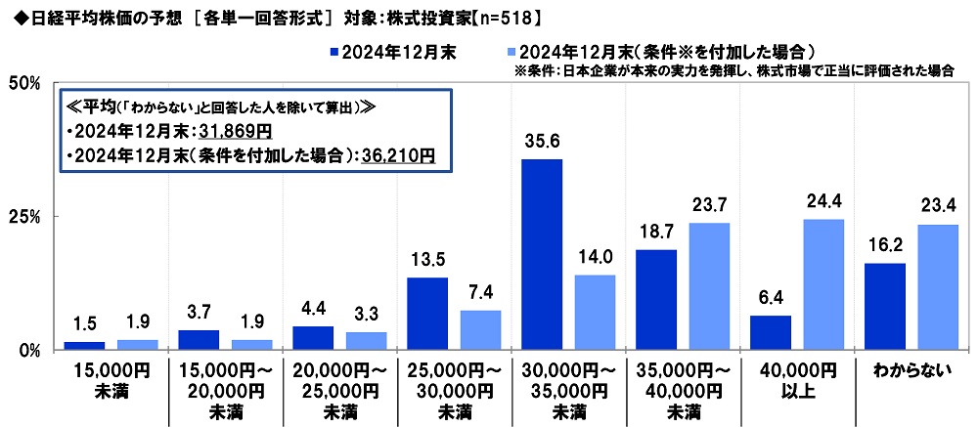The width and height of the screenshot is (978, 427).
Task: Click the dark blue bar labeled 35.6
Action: [x=542, y=254]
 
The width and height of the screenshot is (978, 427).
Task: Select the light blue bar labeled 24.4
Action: [x=823, y=284]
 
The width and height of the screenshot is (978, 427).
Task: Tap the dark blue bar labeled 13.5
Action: [x=427, y=314]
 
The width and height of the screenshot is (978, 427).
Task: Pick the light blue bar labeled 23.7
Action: [x=709, y=286]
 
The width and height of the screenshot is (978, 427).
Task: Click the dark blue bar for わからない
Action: [x=884, y=306]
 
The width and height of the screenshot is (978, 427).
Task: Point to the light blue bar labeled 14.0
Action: [x=595, y=312]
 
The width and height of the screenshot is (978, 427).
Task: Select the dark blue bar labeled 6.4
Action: [x=770, y=332]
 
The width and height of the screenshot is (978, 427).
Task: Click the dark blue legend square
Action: [x=334, y=51]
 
